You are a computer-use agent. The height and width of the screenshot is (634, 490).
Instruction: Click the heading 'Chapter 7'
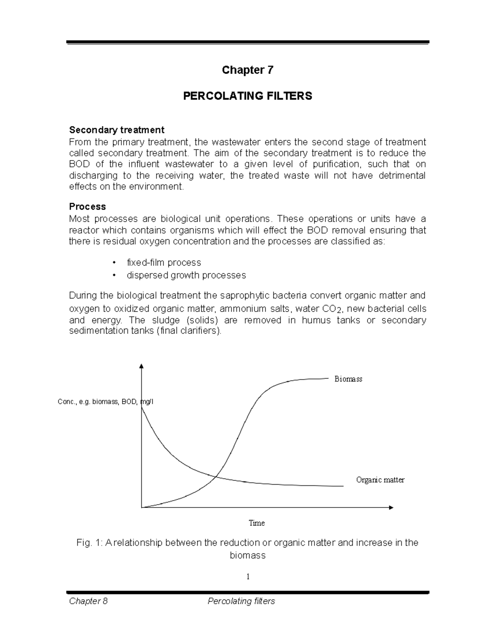(x=247, y=70)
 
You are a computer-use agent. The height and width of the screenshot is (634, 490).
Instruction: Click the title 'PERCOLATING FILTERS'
(x=247, y=96)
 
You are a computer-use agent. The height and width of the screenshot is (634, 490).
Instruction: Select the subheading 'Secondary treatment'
(x=116, y=130)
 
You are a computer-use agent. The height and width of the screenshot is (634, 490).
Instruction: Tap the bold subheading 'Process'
(x=87, y=206)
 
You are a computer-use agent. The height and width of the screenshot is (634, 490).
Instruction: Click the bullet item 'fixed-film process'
(x=164, y=262)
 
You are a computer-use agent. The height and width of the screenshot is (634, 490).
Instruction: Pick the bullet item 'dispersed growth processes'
(x=186, y=275)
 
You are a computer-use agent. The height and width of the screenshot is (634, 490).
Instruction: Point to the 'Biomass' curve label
(x=348, y=379)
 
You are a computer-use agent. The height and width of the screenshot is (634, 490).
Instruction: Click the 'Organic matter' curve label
(x=380, y=480)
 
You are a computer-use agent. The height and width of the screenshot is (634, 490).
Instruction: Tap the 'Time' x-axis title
(x=257, y=523)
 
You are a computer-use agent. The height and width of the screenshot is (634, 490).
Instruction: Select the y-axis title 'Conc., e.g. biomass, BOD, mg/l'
(x=106, y=402)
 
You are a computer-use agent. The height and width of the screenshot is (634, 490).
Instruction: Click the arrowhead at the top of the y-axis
(x=141, y=365)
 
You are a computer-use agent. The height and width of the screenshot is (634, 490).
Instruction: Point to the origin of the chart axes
(x=141, y=507)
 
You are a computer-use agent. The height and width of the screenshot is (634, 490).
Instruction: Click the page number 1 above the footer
(x=247, y=576)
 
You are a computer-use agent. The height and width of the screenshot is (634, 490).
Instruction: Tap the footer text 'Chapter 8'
(x=88, y=601)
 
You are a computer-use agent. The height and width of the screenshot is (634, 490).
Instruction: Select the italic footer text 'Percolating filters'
(x=241, y=601)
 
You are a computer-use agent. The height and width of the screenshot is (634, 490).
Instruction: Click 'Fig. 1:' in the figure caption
(x=89, y=543)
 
